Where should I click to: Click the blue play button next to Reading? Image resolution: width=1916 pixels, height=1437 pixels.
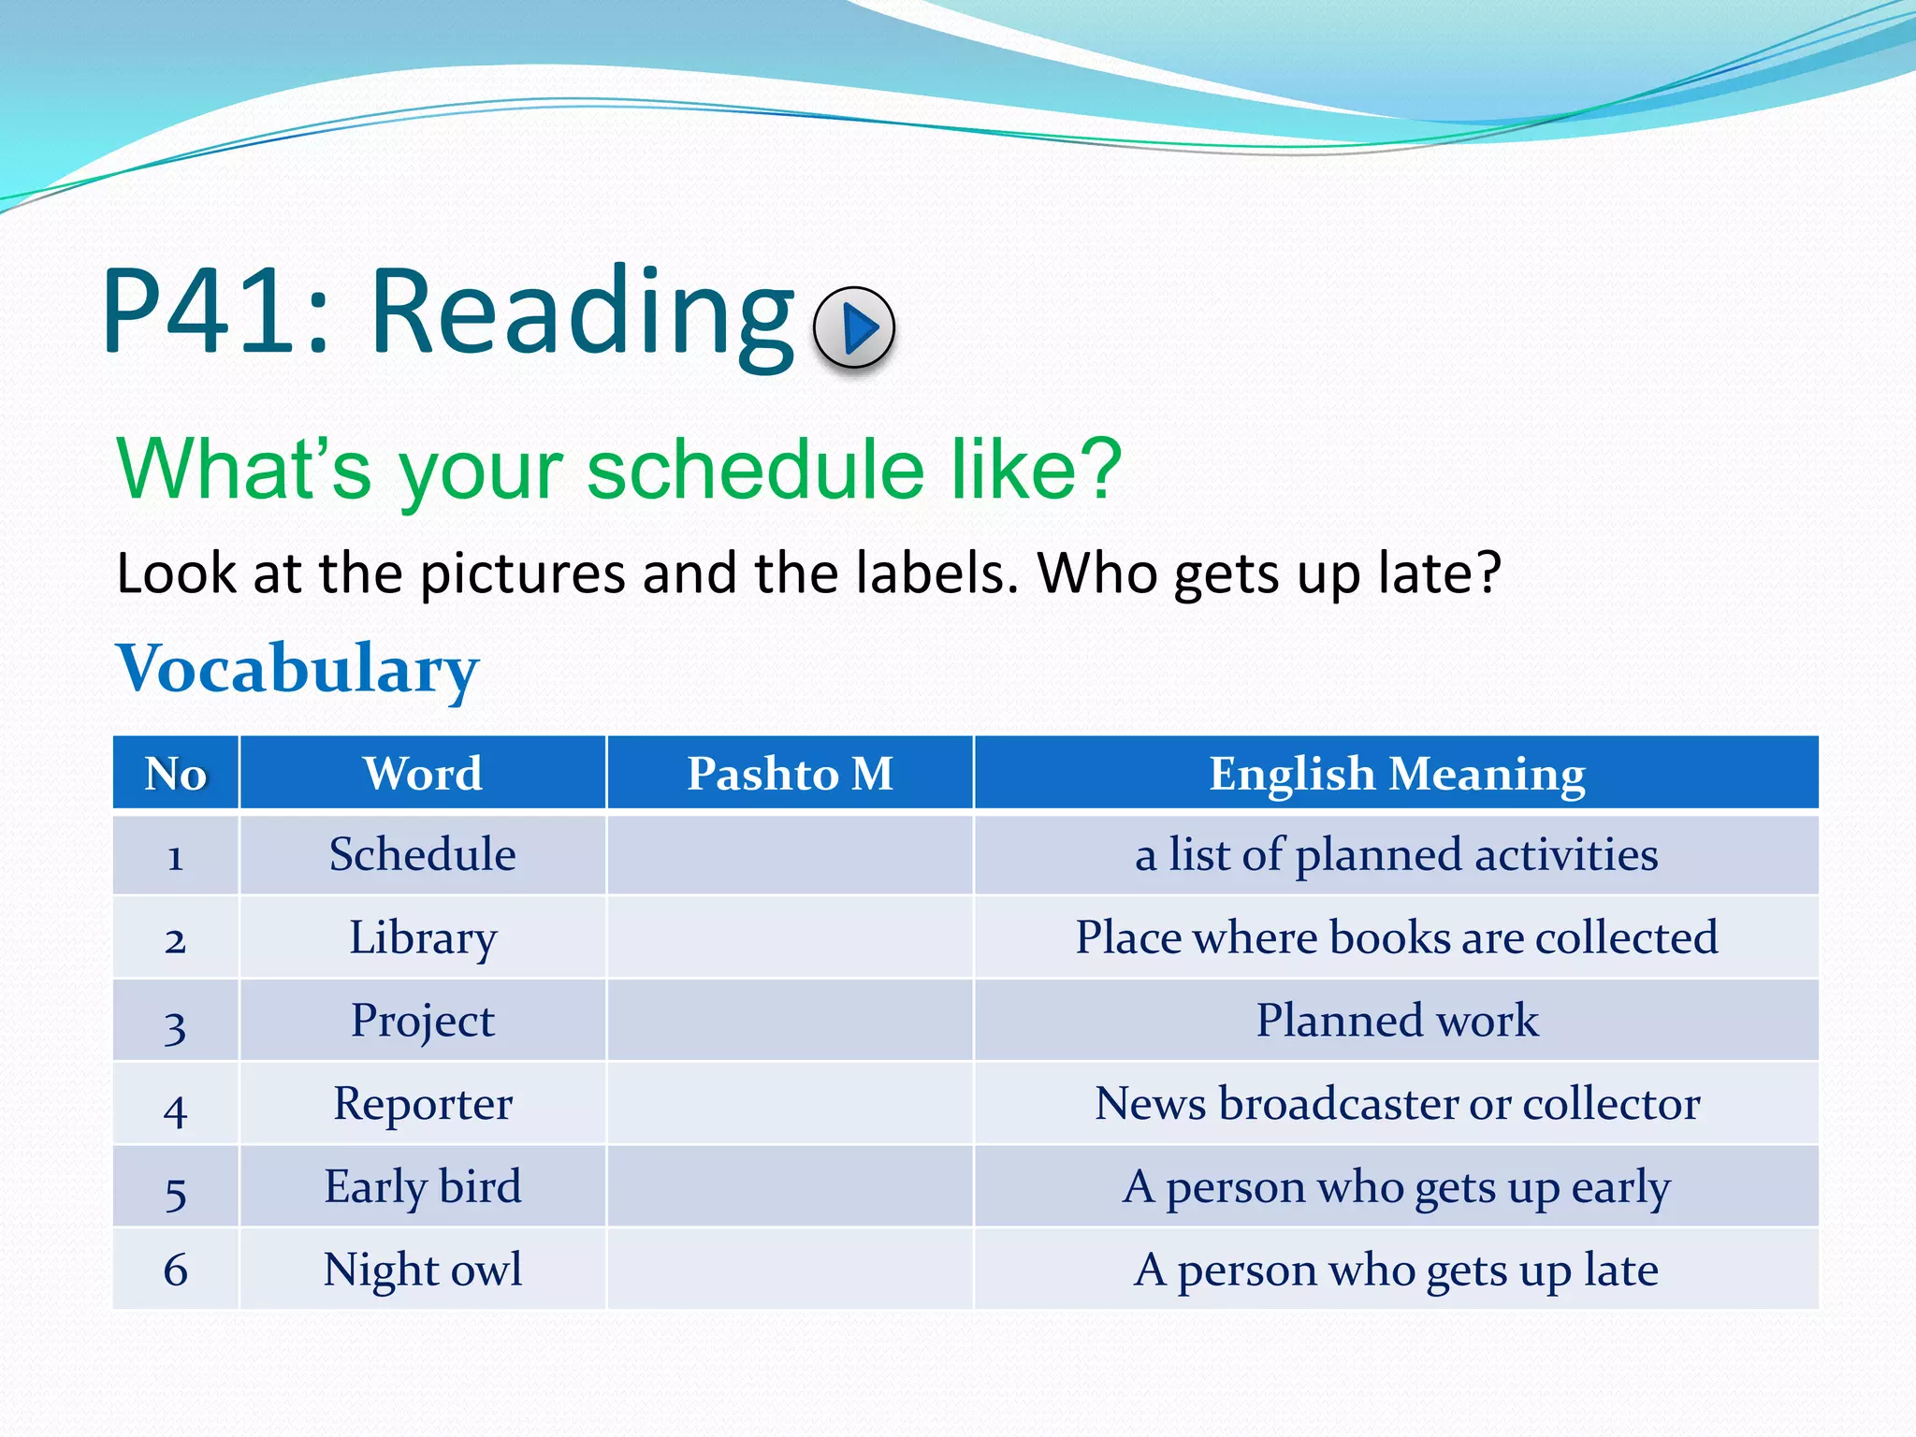point(854,327)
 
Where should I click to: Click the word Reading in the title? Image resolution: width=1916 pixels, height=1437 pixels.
point(582,313)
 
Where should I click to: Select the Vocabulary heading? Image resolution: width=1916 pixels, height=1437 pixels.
point(298,670)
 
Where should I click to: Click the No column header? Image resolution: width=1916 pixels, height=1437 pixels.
point(176,774)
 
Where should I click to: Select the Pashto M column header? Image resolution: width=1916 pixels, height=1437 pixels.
point(790,774)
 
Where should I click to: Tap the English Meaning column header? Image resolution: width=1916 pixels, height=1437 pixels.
point(1396,774)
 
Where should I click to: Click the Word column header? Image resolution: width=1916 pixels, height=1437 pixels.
point(423,774)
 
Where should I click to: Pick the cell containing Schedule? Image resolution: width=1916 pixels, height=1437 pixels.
point(423,855)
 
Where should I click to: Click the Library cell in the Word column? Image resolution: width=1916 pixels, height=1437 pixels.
point(423,937)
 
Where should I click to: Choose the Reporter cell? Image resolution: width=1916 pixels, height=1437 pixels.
point(423,1104)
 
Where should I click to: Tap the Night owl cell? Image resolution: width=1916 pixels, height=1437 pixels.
point(423,1270)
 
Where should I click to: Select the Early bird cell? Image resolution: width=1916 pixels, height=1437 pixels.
point(423,1187)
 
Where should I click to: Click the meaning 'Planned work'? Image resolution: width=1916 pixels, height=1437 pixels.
point(1396,1021)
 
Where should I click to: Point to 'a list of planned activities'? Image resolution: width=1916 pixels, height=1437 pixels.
point(1396,855)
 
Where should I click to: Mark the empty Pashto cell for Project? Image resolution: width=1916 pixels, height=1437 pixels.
point(790,1021)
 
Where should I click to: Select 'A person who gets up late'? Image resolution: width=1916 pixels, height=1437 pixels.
point(1396,1270)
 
